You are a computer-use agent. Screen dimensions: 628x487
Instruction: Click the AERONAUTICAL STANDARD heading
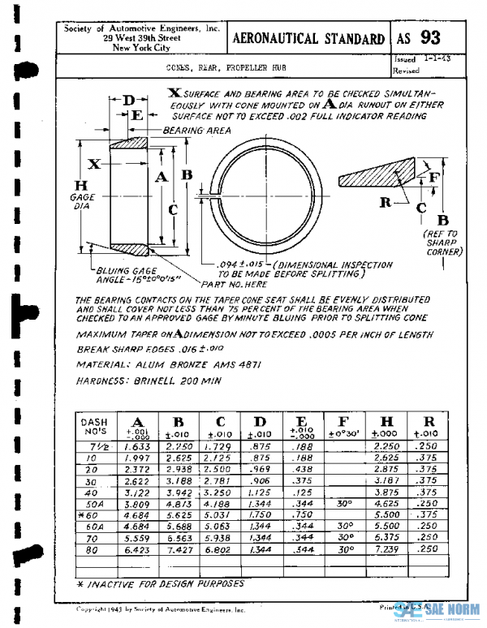click(309, 38)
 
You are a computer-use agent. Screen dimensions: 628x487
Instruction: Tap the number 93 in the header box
click(431, 37)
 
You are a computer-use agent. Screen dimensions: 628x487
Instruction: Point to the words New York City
click(142, 48)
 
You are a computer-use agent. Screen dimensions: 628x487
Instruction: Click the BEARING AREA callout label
click(197, 130)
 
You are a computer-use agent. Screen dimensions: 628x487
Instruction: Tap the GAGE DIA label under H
click(84, 201)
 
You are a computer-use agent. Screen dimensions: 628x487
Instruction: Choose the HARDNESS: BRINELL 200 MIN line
click(138, 379)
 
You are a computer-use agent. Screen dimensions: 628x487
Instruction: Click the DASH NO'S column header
click(96, 426)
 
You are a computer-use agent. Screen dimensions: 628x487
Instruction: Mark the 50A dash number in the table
click(95, 502)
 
